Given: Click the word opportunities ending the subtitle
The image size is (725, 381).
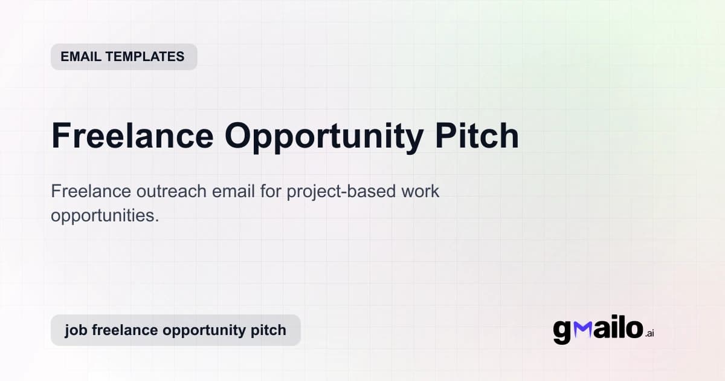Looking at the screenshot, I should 105,215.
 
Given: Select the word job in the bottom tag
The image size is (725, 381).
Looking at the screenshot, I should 74,330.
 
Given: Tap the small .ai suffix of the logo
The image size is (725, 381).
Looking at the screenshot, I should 650,333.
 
